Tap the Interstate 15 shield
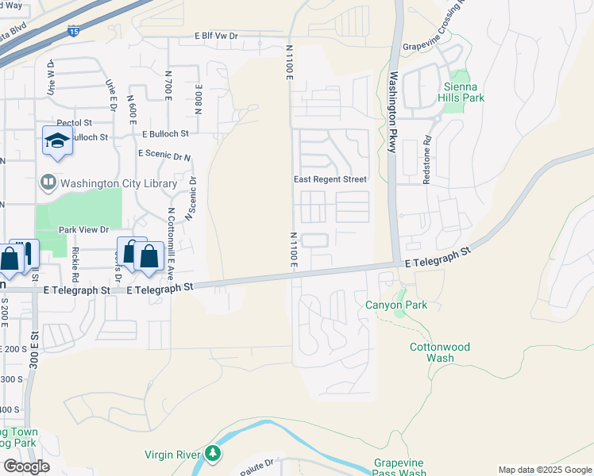click(x=73, y=33)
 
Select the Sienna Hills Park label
click(x=461, y=92)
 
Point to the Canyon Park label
click(x=396, y=305)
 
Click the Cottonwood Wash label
click(x=440, y=352)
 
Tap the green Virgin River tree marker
click(x=212, y=453)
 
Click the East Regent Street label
click(x=330, y=179)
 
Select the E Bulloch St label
click(x=166, y=134)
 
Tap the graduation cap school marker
click(x=57, y=140)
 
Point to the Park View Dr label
click(x=83, y=230)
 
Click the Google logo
click(x=26, y=466)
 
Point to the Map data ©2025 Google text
click(x=545, y=470)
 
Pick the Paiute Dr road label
click(x=258, y=462)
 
